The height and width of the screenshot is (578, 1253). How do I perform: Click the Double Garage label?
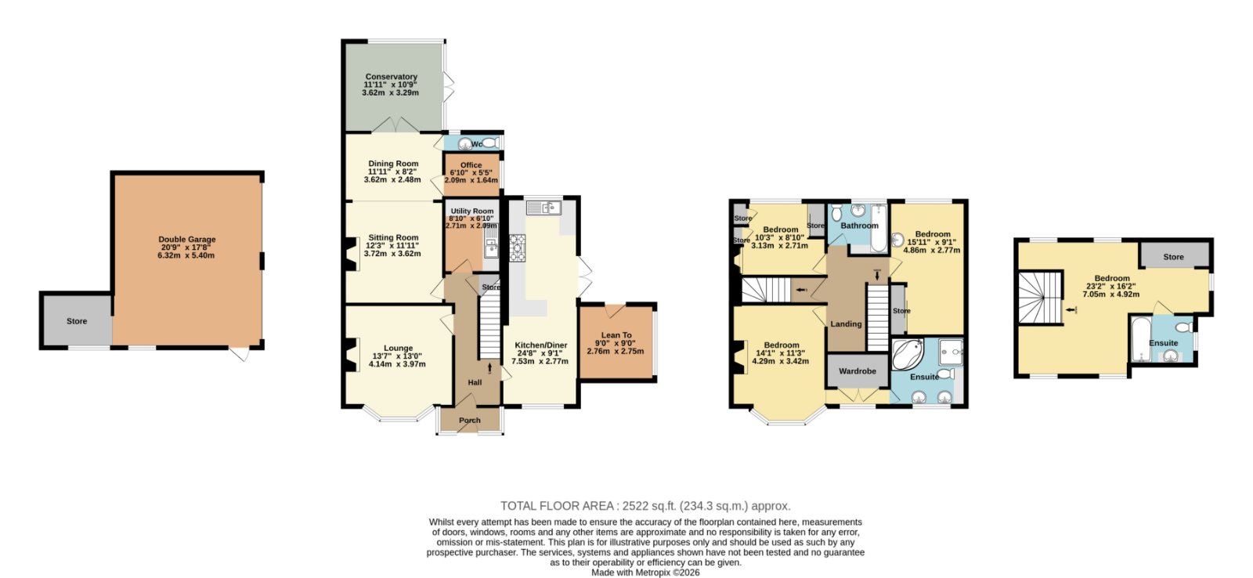[x=187, y=240]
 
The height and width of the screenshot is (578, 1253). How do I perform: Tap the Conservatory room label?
[x=391, y=77]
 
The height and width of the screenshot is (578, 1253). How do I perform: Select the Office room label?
[x=471, y=165]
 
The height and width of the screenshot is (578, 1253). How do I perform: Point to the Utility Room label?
[x=472, y=211]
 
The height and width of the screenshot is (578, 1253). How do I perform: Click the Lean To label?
[x=616, y=335]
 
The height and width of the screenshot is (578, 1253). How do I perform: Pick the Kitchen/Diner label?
[x=541, y=345]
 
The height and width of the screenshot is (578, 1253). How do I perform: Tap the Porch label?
[x=470, y=421]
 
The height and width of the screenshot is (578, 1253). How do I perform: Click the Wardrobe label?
[x=857, y=371]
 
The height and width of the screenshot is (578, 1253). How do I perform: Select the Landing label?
[x=846, y=324]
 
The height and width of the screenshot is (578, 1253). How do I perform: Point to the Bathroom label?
[x=859, y=226]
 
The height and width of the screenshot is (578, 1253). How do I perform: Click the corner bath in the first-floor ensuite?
[x=907, y=354]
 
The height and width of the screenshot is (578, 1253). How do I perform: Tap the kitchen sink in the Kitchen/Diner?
[x=543, y=208]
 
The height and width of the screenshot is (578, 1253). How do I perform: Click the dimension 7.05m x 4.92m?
[x=1111, y=294]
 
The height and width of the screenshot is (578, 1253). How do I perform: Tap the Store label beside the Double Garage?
[x=77, y=321]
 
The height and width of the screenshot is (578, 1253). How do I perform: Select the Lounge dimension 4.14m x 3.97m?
[x=397, y=364]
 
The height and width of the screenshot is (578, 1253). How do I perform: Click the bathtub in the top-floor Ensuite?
[x=1140, y=339]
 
